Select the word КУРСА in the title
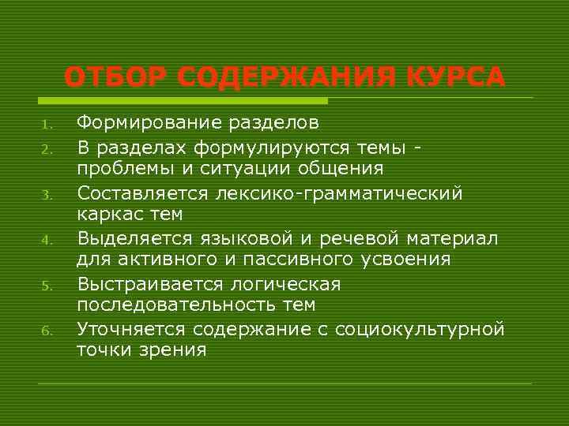pyautogui.click(x=457, y=79)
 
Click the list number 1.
pyautogui.click(x=47, y=124)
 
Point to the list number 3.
pyautogui.click(x=47, y=194)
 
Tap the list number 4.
pyautogui.click(x=47, y=240)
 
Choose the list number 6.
pyautogui.click(x=47, y=331)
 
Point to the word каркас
pyautogui.click(x=104, y=215)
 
